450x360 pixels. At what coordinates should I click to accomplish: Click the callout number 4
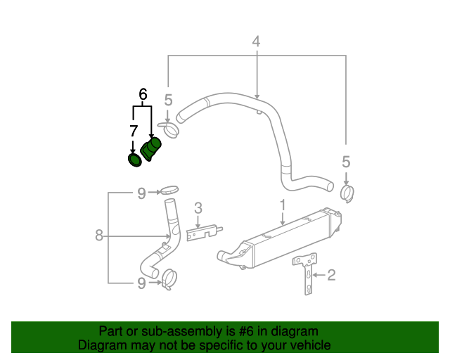(256, 41)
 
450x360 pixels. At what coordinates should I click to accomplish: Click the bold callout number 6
(143, 94)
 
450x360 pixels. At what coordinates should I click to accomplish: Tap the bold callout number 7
(133, 131)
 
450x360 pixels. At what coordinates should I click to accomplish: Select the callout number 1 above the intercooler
(283, 205)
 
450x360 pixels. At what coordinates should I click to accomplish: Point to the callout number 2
(331, 275)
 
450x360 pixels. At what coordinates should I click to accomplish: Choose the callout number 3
(198, 207)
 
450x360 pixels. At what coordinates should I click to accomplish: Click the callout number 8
(99, 236)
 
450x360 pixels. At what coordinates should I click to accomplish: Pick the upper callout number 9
(141, 192)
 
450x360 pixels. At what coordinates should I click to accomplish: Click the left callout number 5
(169, 99)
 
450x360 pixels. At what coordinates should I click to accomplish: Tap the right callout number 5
(346, 162)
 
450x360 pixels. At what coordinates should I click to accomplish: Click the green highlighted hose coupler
(151, 150)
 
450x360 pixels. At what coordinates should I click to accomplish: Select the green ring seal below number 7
(134, 161)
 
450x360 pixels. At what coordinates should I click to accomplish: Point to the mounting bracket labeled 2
(307, 276)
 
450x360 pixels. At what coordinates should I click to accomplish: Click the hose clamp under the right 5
(347, 192)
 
